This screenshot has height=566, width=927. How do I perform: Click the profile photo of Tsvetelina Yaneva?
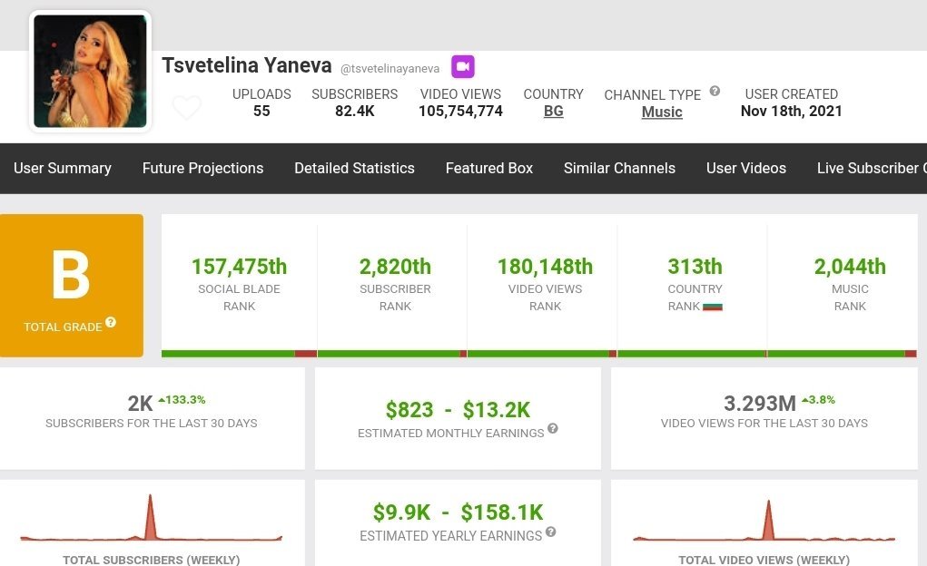coord(90,71)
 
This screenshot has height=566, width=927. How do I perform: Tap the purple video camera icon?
coord(463,66)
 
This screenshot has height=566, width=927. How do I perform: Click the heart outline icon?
coord(187,108)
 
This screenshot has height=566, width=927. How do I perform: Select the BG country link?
coord(553,112)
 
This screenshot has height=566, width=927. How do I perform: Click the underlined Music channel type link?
coord(662,112)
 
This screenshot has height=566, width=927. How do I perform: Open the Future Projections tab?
coord(202,168)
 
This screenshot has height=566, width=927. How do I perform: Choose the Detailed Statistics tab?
coord(354,168)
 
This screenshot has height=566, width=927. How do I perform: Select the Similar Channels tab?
coord(619,168)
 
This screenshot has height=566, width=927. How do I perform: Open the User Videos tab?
coord(746,168)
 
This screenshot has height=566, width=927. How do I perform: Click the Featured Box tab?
coord(489,168)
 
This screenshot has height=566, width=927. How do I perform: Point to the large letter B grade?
coord(71,276)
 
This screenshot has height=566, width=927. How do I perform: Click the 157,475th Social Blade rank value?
coord(239,267)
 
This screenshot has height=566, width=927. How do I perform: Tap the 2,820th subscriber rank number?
coord(395,267)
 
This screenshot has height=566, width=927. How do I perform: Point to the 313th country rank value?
coord(695,267)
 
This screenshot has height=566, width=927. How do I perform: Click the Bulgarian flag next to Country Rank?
coord(713,307)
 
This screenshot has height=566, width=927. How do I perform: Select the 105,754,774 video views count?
coord(460,112)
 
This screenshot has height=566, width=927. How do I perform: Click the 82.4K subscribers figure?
coord(354,112)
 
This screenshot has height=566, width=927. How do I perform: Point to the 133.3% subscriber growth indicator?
coord(182,399)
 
